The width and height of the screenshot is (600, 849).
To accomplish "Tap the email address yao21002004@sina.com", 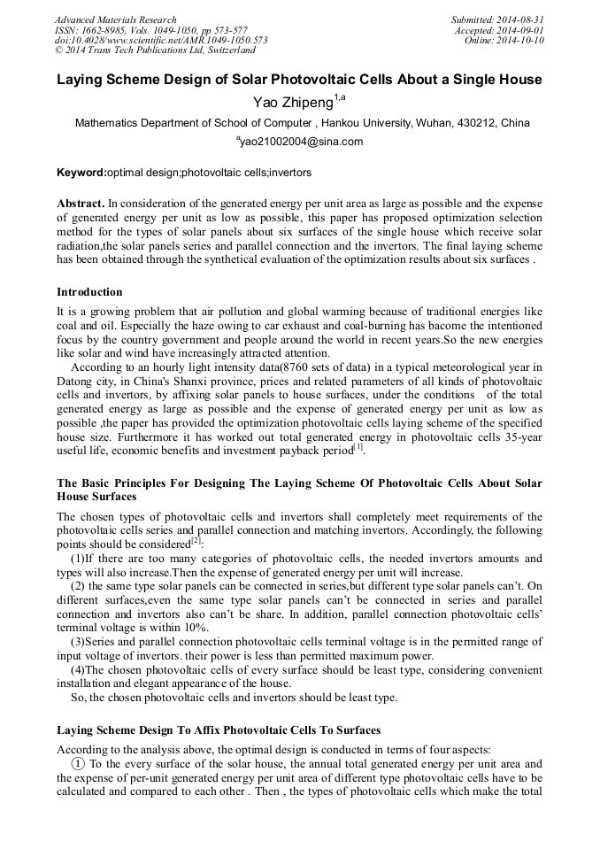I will click(x=300, y=142).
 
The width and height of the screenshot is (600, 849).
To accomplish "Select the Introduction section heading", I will click(x=89, y=291).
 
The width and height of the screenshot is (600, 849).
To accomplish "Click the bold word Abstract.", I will click(x=81, y=203).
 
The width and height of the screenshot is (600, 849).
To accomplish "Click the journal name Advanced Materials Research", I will click(x=115, y=19).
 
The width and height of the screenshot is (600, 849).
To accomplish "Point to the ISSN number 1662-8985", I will click(x=105, y=30).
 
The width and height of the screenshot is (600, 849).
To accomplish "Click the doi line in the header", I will click(x=161, y=41).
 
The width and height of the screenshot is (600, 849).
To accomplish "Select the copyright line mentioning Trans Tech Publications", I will click(x=155, y=50).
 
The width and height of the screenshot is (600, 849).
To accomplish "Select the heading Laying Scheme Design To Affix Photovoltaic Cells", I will click(x=219, y=730).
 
